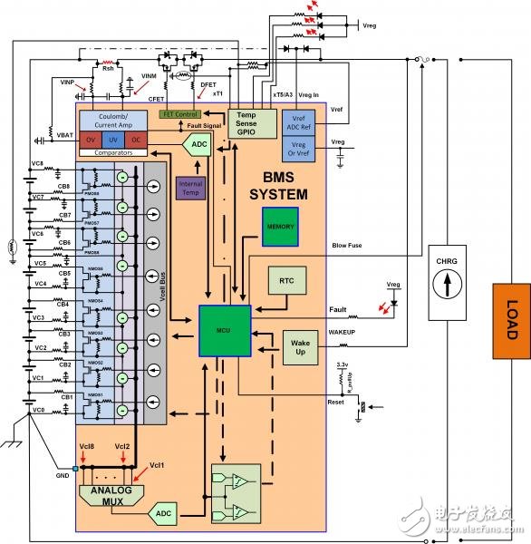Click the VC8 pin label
37,162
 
